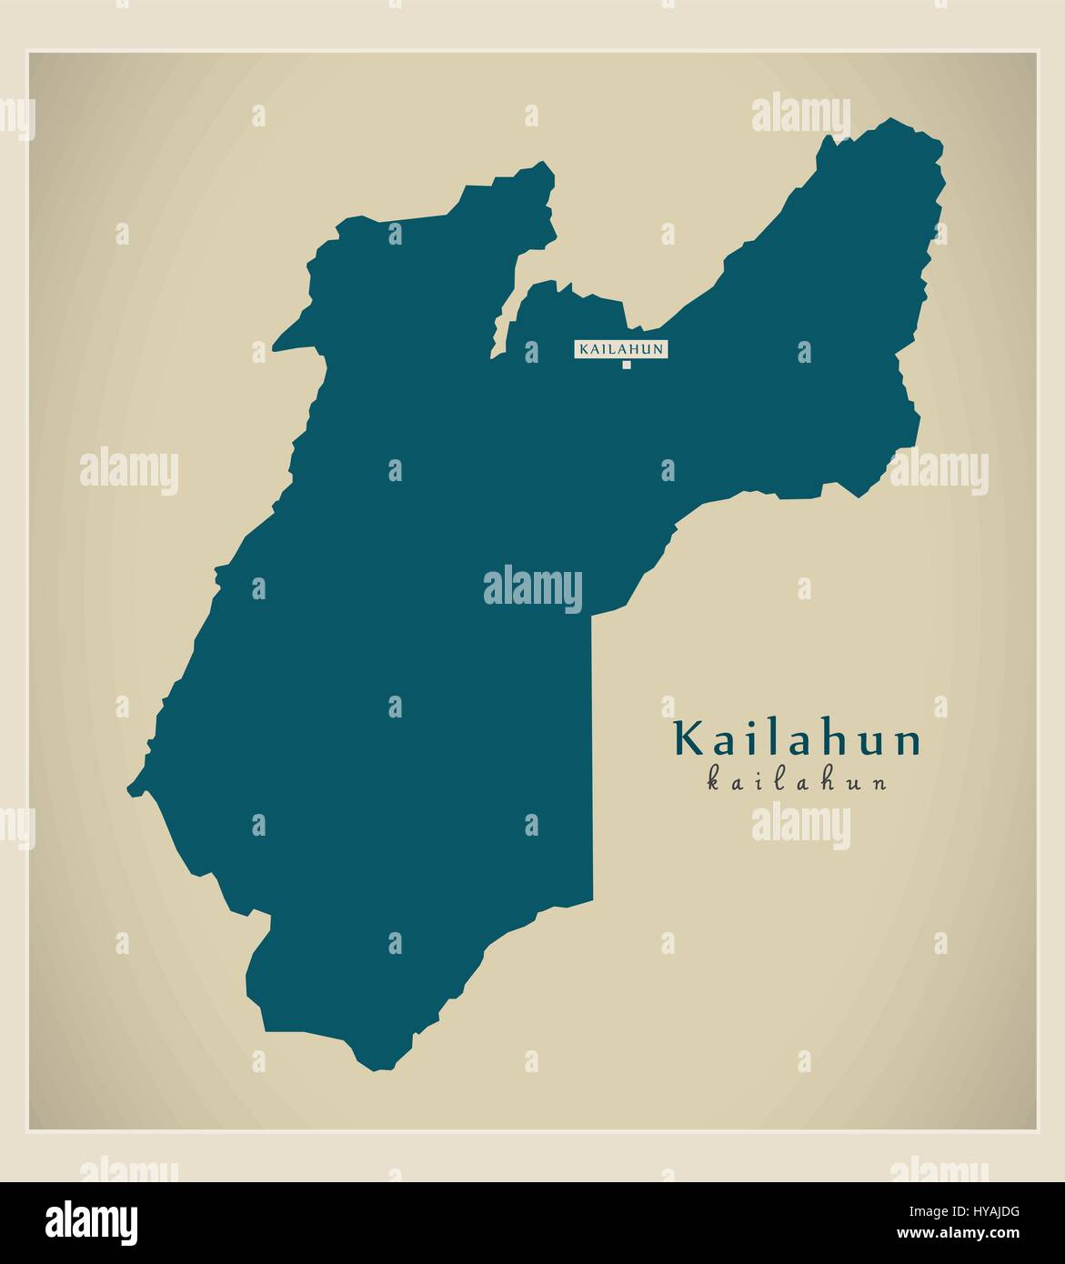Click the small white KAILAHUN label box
pyautogui.click(x=621, y=348)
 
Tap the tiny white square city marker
pyautogui.click(x=626, y=366)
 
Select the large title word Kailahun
pyautogui.click(x=798, y=740)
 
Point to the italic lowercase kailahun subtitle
pyautogui.click(x=797, y=781)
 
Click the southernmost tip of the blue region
pyautogui.click(x=373, y=1067)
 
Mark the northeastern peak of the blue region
pyautogui.click(x=896, y=121)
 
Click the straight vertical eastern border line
pyautogui.click(x=592, y=755)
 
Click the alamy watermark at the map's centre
pyautogui.click(x=532, y=587)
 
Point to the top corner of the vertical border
pyautogui.click(x=592, y=615)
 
